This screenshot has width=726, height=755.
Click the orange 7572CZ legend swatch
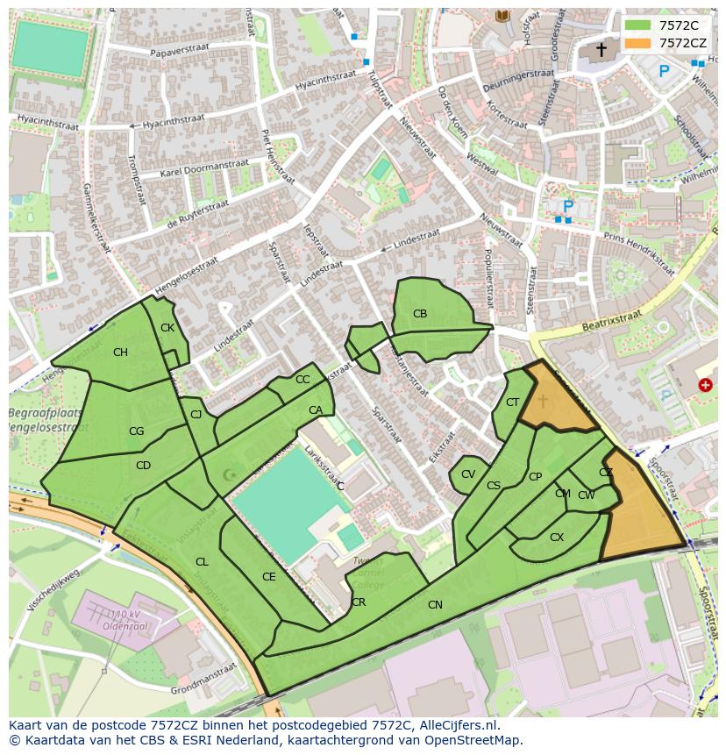637,42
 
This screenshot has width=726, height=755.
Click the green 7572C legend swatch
637,25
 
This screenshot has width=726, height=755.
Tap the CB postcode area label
420,314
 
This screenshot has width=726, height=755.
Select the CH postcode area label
120,353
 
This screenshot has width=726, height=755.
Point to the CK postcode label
167,328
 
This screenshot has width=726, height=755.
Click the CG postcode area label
136,431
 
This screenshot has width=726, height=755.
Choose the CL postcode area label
202,562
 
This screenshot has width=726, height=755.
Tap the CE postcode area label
269,577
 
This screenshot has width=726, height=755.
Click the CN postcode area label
435,604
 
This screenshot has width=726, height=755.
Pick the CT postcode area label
512,402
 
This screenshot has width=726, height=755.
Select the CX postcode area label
556,538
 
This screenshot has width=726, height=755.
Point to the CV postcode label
468,474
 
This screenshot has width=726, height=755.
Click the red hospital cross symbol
705,385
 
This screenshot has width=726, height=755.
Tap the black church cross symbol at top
601,50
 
